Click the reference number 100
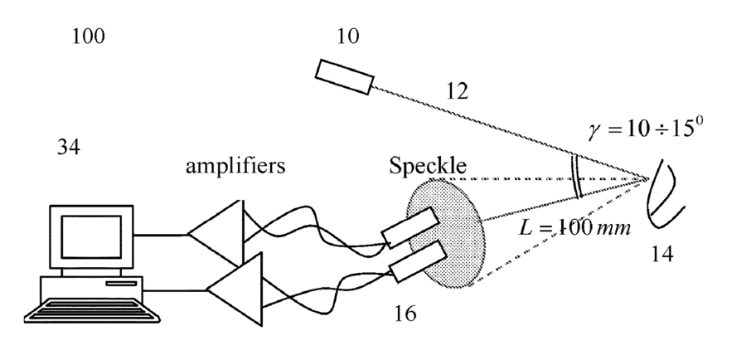[x=88, y=36]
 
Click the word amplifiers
[x=235, y=166]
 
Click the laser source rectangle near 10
[x=343, y=75]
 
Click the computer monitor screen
[x=85, y=235]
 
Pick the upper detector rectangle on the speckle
[x=411, y=227]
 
